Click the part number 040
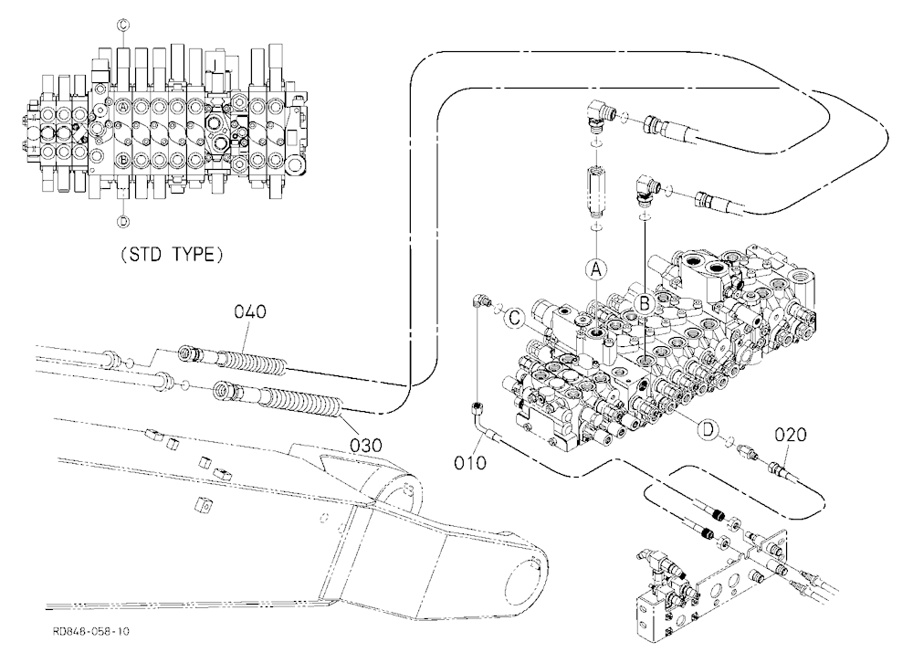(x=250, y=311)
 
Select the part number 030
(x=366, y=445)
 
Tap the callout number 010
(x=470, y=463)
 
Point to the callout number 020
(x=791, y=435)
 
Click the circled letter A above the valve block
(x=595, y=269)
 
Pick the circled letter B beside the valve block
(x=645, y=303)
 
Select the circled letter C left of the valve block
(x=514, y=318)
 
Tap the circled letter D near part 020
(x=708, y=430)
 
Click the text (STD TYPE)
(x=172, y=255)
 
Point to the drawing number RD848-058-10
(x=90, y=632)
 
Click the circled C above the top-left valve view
(x=123, y=25)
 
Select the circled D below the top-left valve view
(x=123, y=221)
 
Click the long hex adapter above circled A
(x=596, y=189)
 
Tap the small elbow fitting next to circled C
(x=479, y=300)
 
